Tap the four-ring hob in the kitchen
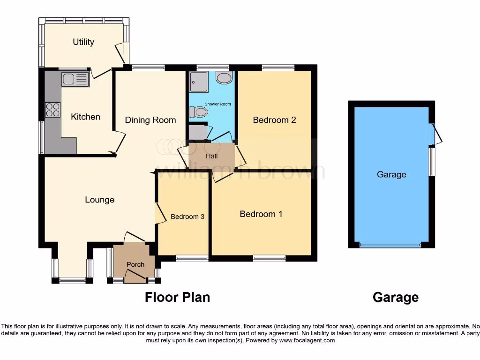pos(52,109)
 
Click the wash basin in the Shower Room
pos(225,77)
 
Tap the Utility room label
pos(83,42)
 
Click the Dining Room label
pos(150,120)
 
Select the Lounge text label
pos(99,200)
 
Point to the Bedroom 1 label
pos(261,214)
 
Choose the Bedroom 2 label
pos(274,120)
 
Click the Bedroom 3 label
pos(187,217)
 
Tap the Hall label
pos(212,156)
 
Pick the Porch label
pos(135,264)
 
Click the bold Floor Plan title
pos(177,297)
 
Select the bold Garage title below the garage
pos(395,297)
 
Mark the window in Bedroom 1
pos(269,258)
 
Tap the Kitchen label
pos(85,117)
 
